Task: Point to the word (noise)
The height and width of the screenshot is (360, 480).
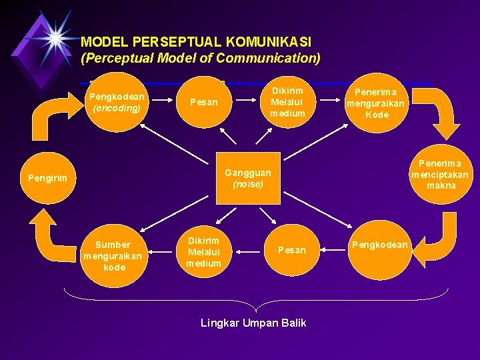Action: (247, 184)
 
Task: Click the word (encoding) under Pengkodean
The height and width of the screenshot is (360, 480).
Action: (117, 107)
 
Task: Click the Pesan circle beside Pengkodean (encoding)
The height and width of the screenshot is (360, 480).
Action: (204, 102)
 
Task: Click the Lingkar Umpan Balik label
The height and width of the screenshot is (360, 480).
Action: (253, 323)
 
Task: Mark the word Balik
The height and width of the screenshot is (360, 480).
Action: (293, 323)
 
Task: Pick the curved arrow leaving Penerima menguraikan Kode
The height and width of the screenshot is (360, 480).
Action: (441, 113)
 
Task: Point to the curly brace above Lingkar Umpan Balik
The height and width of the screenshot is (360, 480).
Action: (256, 300)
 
